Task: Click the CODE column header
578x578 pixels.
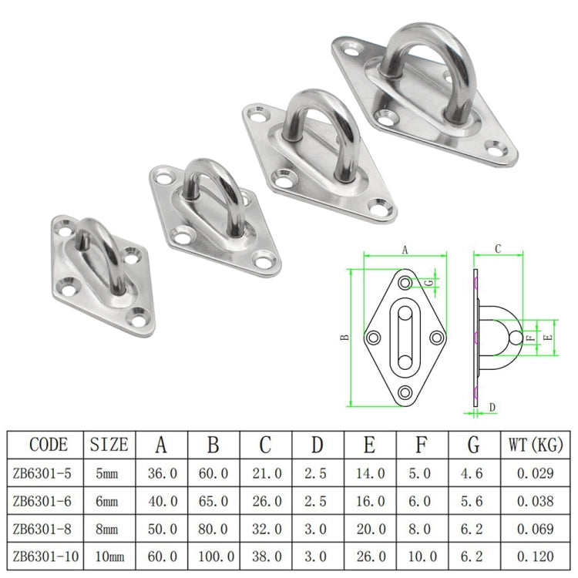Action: [49, 445]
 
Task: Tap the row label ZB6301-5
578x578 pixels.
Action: [44, 473]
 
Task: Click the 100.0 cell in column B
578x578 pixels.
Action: [214, 555]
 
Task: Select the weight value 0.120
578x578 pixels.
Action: [531, 555]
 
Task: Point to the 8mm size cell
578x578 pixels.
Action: [109, 528]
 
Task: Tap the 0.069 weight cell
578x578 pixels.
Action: [531, 528]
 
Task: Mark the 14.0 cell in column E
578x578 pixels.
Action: [370, 473]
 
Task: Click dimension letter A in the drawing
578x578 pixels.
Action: [405, 249]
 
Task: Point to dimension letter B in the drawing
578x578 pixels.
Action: [345, 337]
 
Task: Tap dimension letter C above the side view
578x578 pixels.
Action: [498, 249]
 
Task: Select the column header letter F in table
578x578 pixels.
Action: [422, 445]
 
